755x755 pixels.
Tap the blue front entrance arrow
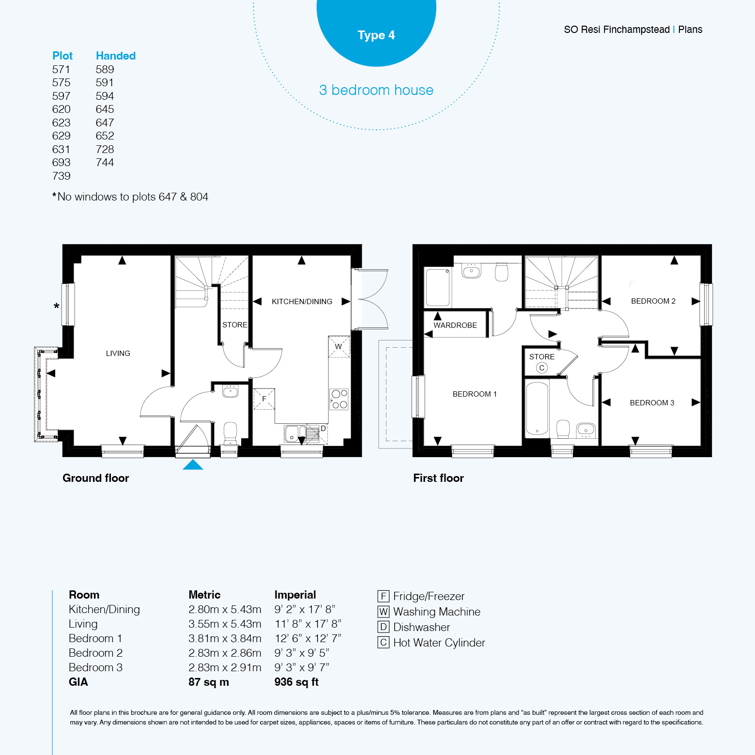click(193, 465)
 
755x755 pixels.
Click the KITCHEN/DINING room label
click(302, 302)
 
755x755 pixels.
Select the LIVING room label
click(118, 354)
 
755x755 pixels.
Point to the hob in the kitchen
click(339, 399)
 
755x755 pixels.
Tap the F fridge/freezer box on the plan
click(264, 399)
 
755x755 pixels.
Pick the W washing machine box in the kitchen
click(339, 347)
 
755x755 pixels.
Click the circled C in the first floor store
click(542, 368)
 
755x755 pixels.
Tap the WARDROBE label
click(455, 325)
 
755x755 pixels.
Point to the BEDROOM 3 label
click(652, 403)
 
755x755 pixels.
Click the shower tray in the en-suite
click(438, 287)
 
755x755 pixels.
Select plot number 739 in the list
click(61, 176)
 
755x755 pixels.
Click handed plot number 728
click(105, 149)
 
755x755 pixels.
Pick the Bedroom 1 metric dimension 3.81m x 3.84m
click(225, 638)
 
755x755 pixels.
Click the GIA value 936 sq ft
click(296, 682)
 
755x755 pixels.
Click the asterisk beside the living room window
click(57, 307)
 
